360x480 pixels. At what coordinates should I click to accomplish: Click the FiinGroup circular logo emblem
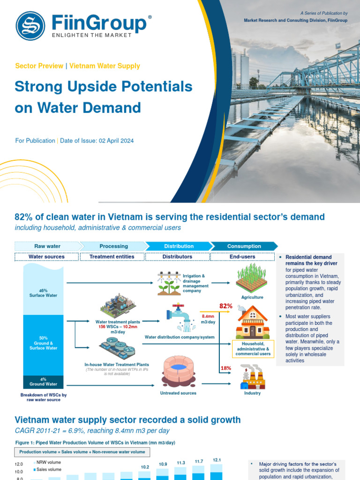pos(30,25)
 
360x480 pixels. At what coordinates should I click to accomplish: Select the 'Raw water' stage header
pos(47,246)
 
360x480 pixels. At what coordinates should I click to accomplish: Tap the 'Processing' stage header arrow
pos(113,246)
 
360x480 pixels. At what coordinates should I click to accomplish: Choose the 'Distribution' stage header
pos(179,246)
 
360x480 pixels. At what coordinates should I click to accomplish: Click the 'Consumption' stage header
pos(244,246)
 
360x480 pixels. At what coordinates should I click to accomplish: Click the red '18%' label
pos(226,368)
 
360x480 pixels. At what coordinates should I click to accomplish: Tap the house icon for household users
pos(253,322)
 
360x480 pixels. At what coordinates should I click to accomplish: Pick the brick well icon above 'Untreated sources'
pos(178,371)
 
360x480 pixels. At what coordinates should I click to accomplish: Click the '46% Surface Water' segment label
pos(44,293)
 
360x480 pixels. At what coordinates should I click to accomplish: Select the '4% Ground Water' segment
pos(44,382)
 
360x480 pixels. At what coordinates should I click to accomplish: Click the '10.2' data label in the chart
pos(145,467)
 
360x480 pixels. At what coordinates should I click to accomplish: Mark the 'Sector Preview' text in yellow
pos(39,66)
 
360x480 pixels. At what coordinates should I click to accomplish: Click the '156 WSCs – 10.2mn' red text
pos(118,327)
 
